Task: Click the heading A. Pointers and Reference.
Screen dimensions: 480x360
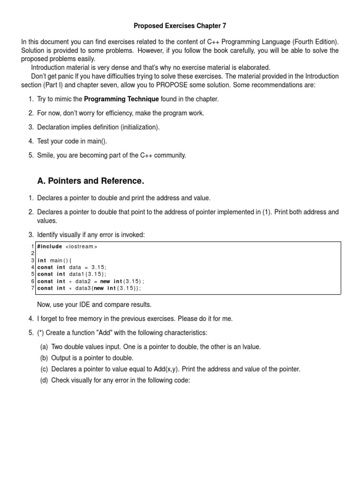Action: tap(90, 181)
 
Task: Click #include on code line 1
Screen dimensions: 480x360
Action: tap(50, 247)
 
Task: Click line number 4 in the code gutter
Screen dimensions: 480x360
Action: tap(33, 267)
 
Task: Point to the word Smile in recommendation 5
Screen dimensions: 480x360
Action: tap(46, 155)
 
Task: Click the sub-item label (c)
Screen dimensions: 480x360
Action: tap(44, 369)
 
